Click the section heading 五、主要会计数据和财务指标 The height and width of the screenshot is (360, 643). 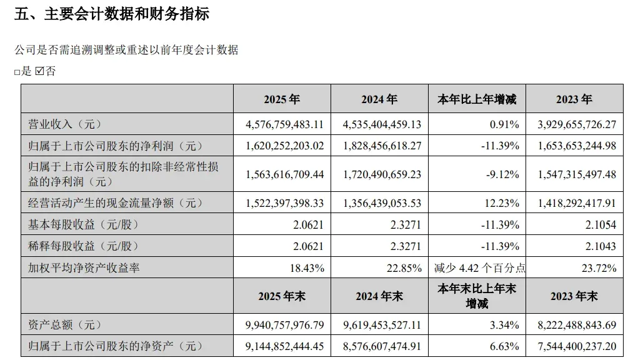[x=111, y=14]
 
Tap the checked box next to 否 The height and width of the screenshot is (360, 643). [x=39, y=71]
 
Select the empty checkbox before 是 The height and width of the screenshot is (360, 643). [x=17, y=72]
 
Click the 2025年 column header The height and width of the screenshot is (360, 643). [x=282, y=99]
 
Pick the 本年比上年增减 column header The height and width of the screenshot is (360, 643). [x=477, y=99]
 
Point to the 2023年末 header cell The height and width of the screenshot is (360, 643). [x=574, y=296]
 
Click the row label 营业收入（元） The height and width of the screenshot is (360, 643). [x=64, y=124]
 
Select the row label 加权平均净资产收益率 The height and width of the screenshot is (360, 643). [x=84, y=267]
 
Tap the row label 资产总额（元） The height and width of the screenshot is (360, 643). [x=64, y=325]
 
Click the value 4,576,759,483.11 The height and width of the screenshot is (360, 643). [x=284, y=124]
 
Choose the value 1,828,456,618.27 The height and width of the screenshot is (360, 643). [x=382, y=146]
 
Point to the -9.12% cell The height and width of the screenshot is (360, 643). [x=502, y=174]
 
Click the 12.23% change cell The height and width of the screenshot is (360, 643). [x=502, y=203]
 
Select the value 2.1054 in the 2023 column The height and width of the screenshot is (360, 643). [x=601, y=225]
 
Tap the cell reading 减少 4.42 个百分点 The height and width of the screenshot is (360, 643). [x=480, y=268]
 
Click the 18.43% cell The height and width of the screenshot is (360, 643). [x=307, y=268]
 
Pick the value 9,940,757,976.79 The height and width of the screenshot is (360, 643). [x=284, y=325]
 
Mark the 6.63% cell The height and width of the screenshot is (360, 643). [x=504, y=346]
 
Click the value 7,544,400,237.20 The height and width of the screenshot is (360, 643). [x=577, y=346]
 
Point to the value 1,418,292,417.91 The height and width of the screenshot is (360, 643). [x=577, y=203]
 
